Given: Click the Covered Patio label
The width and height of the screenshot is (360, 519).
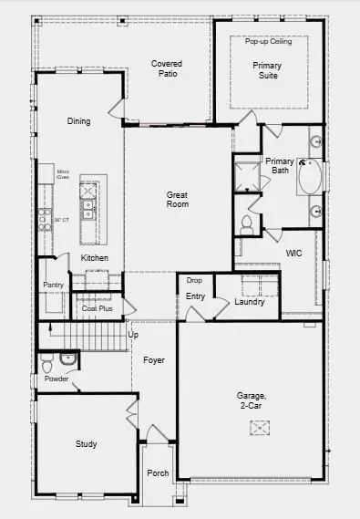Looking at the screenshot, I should tap(167, 68).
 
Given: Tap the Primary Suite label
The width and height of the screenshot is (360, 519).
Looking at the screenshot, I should tap(267, 70).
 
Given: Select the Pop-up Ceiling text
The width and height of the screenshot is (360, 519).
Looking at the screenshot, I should tap(267, 41).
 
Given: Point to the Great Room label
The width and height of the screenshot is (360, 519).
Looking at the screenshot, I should tap(177, 200).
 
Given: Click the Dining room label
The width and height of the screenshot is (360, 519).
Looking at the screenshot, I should tap(78, 121).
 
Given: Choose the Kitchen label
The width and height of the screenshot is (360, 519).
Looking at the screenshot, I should tap(95, 258).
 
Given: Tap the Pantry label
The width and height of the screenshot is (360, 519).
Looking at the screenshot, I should tap(53, 285).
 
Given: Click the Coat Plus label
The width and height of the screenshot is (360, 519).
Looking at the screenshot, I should tap(97, 308).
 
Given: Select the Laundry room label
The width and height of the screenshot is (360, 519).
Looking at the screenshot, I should tap(249, 302).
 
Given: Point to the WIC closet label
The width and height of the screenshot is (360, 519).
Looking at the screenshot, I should tap(293, 253).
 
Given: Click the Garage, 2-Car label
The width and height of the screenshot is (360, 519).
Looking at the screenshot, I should tap(252, 400).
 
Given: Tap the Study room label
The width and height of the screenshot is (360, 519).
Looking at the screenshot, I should tap(86, 444).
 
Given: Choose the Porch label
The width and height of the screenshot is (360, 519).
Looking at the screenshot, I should tap(158, 473).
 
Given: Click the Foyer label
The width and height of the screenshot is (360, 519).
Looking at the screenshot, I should tap(154, 360).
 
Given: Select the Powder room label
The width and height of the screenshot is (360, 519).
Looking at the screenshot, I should tap(57, 379).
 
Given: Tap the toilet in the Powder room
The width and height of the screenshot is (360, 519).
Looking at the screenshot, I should tap(49, 363).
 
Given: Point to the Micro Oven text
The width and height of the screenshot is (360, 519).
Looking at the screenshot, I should tap(64, 173).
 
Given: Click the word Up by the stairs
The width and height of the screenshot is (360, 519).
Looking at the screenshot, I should tap(133, 335).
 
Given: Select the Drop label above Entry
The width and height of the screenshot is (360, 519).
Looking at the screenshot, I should tap(194, 280).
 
